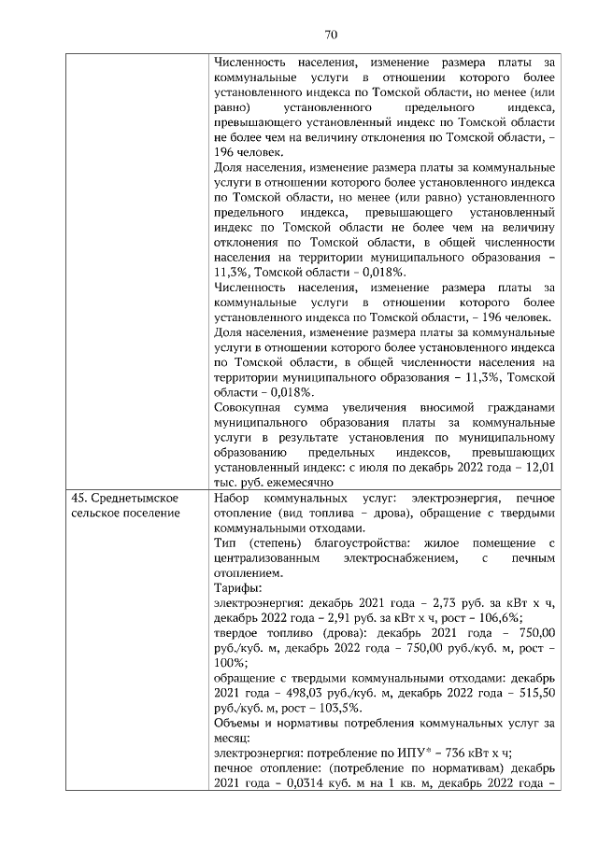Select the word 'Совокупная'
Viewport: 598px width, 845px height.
[x=246, y=407]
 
